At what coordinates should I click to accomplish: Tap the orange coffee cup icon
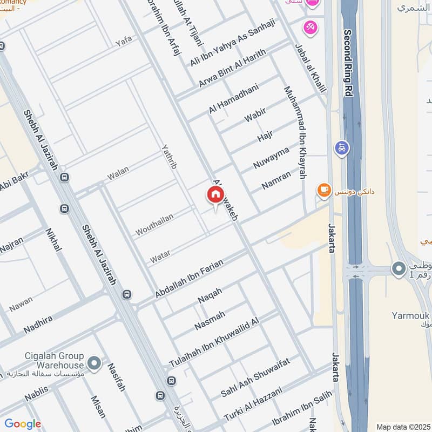(323, 190)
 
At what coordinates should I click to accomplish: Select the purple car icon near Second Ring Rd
(342, 147)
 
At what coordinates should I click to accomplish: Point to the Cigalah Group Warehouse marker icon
(94, 363)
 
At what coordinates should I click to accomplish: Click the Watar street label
(160, 256)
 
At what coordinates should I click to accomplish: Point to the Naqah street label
(210, 295)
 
